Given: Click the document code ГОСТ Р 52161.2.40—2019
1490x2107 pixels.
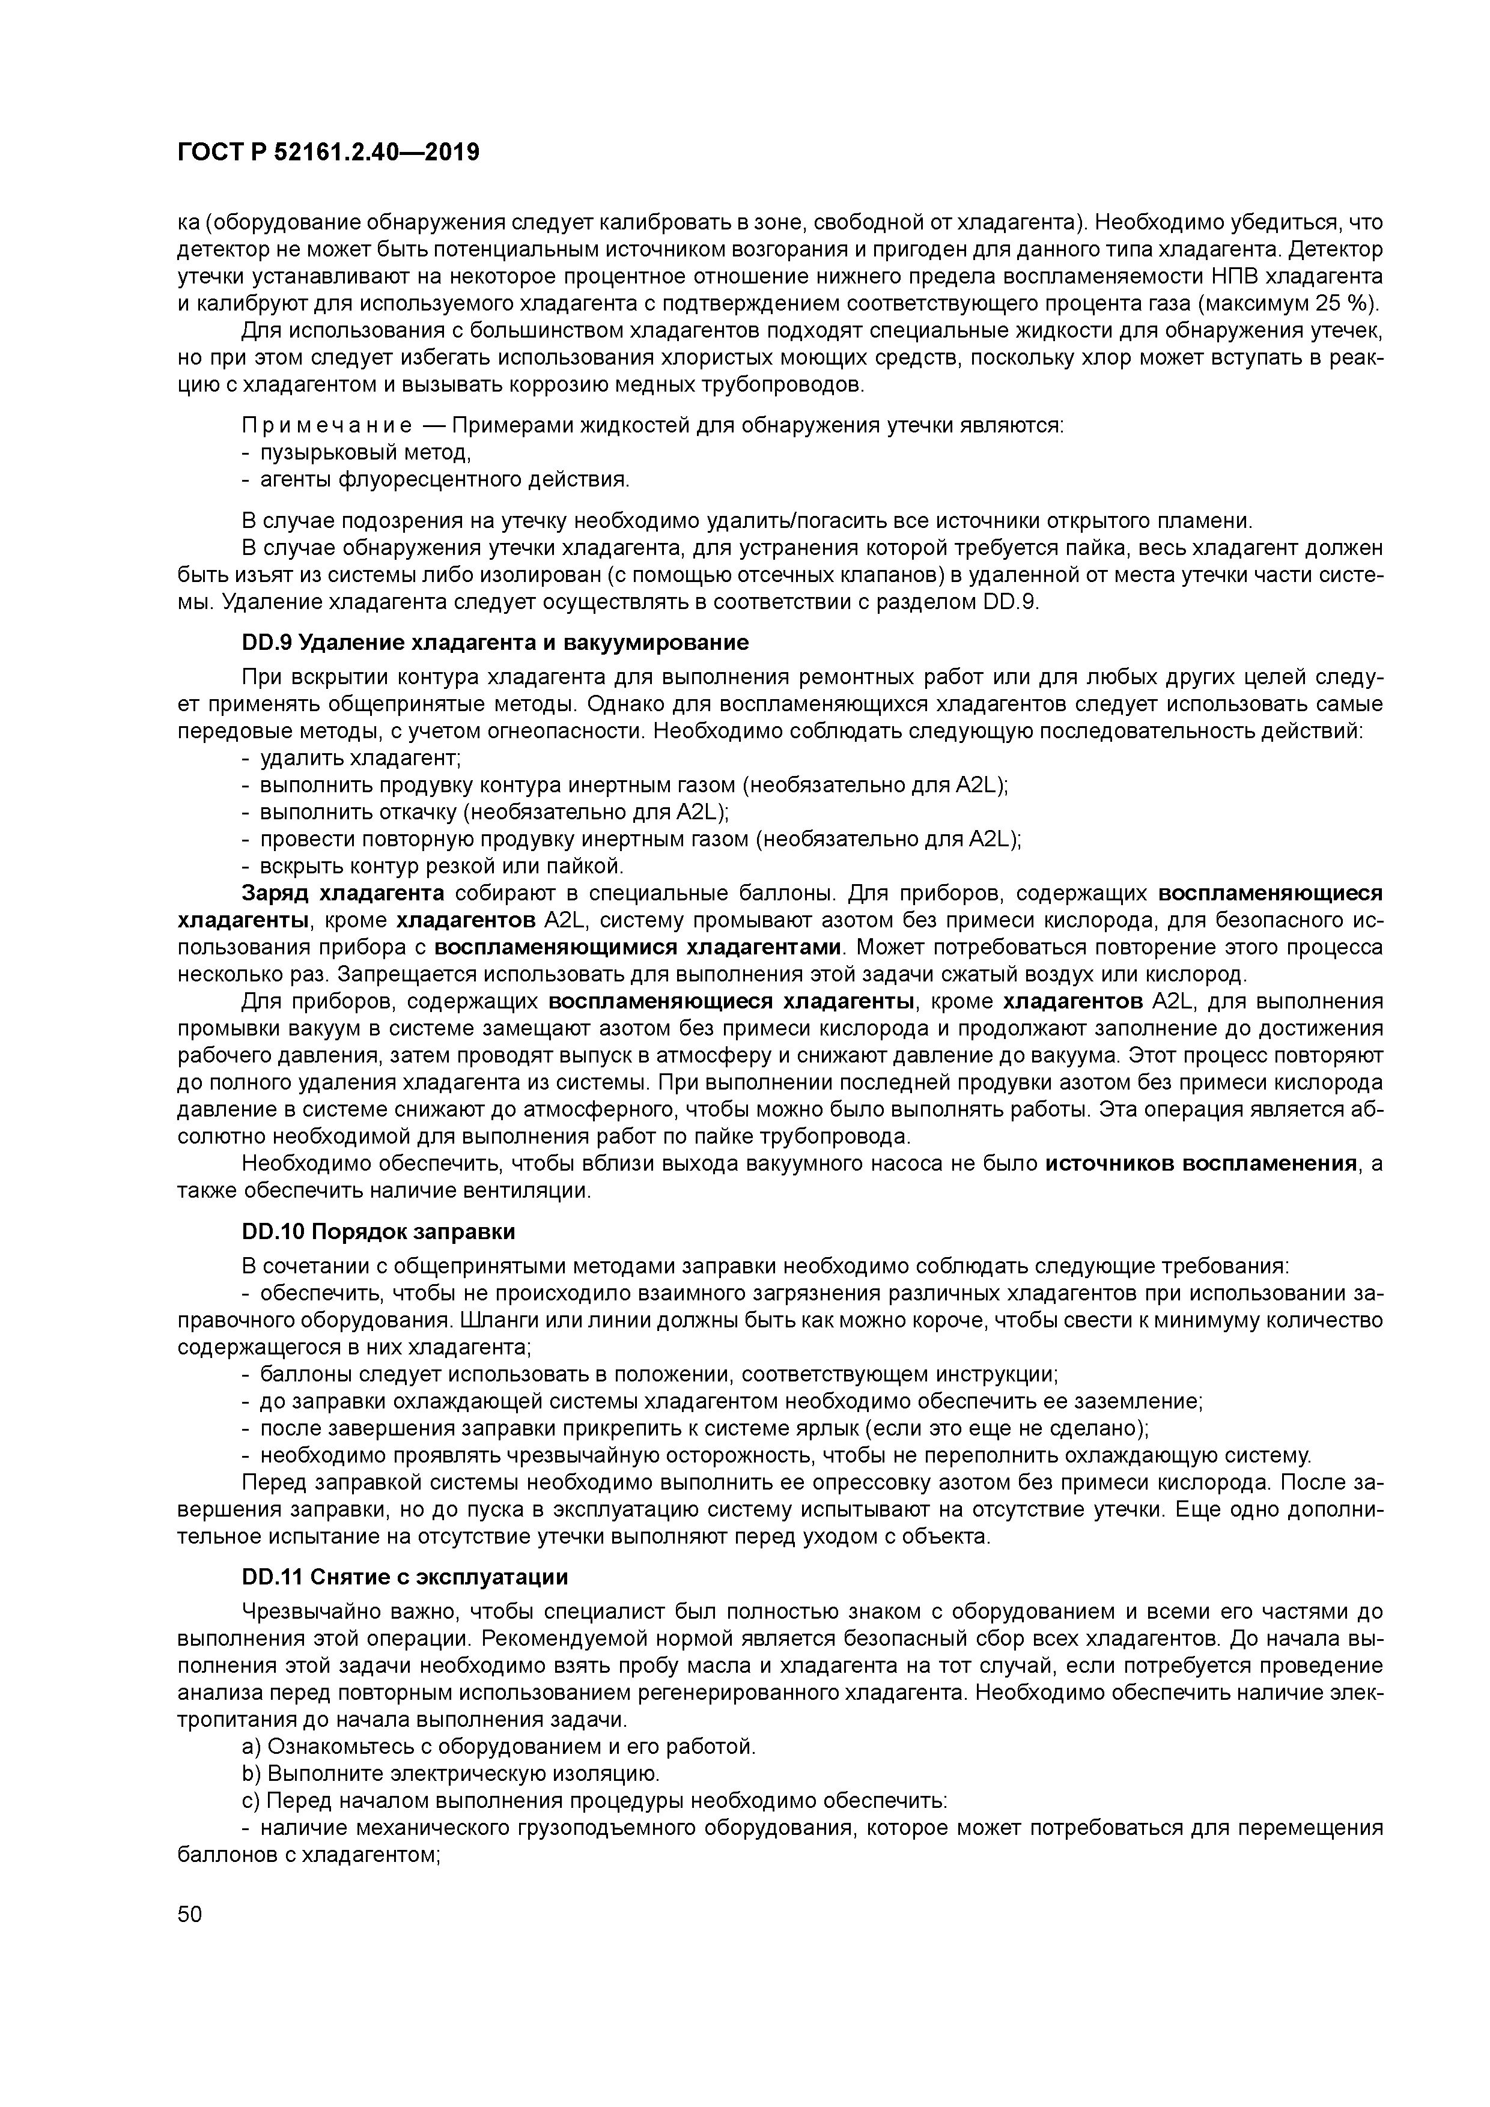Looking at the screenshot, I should point(328,153).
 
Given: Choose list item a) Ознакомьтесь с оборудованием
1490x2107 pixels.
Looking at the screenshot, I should point(499,1747).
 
